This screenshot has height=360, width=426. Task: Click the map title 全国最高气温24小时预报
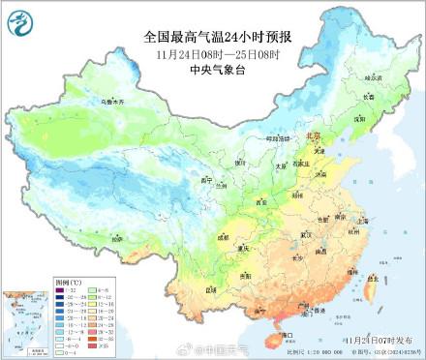click(x=213, y=37)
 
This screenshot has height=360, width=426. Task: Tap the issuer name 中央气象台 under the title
click(x=213, y=70)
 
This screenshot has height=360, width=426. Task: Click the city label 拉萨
click(x=116, y=237)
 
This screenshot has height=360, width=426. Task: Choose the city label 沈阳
click(x=359, y=117)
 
